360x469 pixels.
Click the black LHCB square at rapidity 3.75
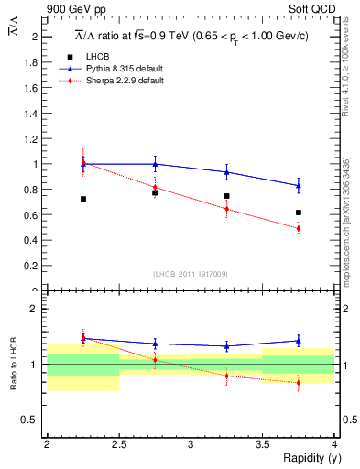click(299, 213)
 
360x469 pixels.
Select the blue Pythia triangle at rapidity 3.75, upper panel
click(299, 186)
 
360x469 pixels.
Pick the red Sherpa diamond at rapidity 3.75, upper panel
click(299, 229)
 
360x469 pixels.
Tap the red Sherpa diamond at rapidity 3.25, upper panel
click(226, 209)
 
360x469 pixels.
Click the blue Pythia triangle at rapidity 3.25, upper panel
click(226, 172)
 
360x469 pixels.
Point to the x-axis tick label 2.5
click(118, 444)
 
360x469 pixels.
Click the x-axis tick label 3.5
click(262, 444)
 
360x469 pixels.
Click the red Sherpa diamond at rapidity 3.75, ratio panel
click(299, 383)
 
